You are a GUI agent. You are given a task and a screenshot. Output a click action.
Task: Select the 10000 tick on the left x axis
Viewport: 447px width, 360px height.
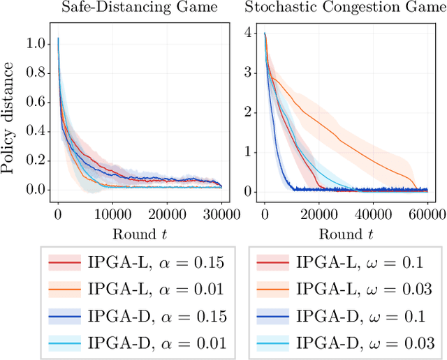coord(112,213)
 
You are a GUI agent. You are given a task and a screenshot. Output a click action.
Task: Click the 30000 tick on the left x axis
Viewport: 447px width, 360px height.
coord(221,213)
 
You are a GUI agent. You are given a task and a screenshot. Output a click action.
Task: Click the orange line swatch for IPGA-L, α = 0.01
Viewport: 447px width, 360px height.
coord(66,290)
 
